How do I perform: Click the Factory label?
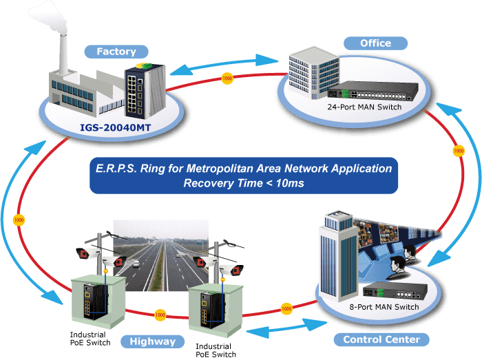[116, 52]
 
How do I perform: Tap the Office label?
[376, 43]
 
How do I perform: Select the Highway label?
[152, 341]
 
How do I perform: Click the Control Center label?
[381, 339]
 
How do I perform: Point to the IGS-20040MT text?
[115, 127]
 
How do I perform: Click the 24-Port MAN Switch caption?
[364, 107]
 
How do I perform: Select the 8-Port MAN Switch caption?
[384, 307]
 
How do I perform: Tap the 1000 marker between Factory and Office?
[227, 78]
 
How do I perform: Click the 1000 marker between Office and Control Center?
[459, 151]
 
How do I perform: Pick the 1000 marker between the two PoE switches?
[160, 315]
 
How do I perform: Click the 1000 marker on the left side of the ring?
[19, 220]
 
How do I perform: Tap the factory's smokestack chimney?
[63, 54]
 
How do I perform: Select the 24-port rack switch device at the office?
[373, 91]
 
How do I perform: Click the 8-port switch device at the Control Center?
[395, 291]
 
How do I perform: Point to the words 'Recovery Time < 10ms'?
[244, 183]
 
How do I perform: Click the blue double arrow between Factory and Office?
[224, 65]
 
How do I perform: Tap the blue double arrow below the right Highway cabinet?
[286, 329]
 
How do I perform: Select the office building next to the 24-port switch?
[314, 73]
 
